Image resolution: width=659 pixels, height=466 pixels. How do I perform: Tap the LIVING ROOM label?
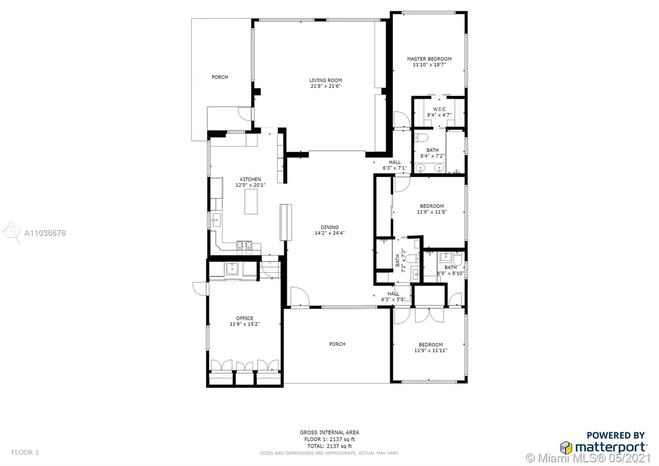[325, 80]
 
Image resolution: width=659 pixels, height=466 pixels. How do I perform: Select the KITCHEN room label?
[250, 179]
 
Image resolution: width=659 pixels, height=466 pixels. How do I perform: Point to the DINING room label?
[329, 227]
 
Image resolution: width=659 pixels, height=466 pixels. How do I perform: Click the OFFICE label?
[245, 318]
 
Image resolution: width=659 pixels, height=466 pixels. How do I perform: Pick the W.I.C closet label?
[439, 109]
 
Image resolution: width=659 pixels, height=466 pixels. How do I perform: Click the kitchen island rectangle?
[251, 202]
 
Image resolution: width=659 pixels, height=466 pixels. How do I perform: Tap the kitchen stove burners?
[245, 247]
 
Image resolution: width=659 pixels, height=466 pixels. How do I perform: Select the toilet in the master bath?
[421, 138]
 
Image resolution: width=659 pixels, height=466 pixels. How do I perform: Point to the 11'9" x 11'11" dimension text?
[431, 350]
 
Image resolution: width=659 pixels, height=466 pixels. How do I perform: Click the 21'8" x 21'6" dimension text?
[325, 86]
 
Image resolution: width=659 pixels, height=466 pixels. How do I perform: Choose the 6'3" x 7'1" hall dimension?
[395, 168]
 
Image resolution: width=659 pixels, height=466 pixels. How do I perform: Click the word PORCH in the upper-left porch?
[220, 77]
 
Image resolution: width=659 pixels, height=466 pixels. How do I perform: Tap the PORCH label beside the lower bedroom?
[337, 344]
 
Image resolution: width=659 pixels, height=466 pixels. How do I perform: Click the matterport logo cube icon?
[566, 447]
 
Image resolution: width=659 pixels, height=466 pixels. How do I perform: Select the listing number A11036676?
[45, 233]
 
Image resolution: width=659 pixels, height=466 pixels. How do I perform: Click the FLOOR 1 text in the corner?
[25, 452]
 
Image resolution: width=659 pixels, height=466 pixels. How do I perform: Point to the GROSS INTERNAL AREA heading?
[329, 433]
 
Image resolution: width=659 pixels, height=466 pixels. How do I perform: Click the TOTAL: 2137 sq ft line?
[329, 446]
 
